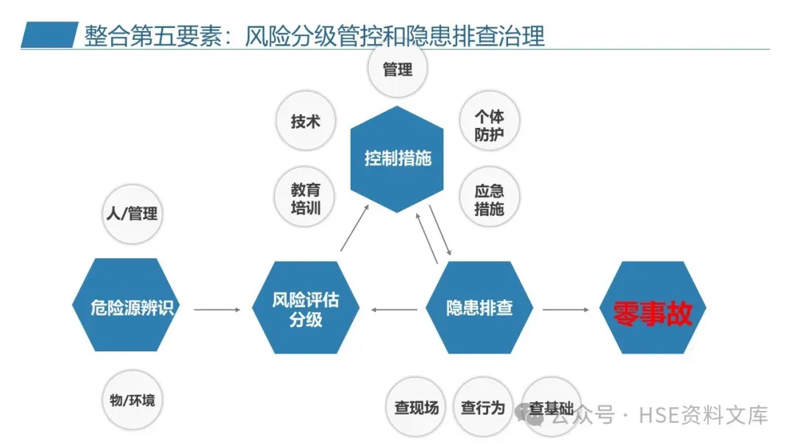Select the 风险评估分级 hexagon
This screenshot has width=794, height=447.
click(306, 309)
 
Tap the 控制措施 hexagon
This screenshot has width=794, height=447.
click(398, 159)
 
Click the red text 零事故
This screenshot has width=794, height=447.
click(653, 312)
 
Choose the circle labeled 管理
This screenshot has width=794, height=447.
click(398, 71)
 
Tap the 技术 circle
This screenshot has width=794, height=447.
click(306, 121)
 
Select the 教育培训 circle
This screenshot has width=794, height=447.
click(306, 196)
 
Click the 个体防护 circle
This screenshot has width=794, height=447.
click(489, 125)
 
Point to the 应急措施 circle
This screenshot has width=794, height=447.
click(489, 199)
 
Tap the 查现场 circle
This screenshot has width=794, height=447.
click(416, 407)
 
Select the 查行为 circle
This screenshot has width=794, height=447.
click(482, 407)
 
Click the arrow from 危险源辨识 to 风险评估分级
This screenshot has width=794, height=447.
click(217, 310)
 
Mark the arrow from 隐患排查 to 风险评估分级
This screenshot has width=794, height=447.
click(394, 310)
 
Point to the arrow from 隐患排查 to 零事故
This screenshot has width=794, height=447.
click(566, 310)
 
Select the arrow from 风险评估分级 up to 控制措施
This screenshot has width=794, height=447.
click(355, 230)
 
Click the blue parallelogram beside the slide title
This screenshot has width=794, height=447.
click(49, 35)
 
